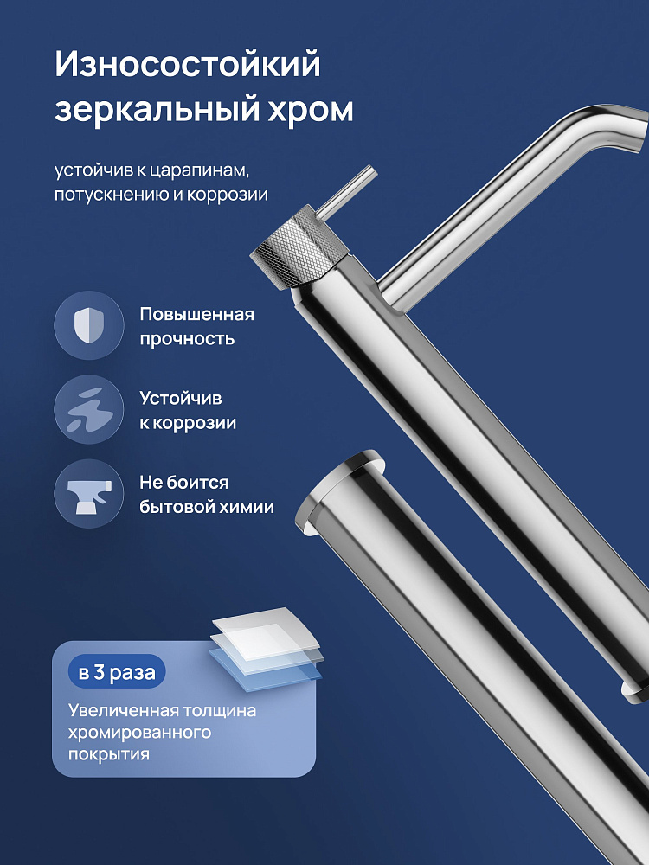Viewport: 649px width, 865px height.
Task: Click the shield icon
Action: tap(89, 325)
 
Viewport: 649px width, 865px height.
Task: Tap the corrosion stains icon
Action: tap(89, 409)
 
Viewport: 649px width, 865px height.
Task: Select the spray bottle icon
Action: tap(89, 494)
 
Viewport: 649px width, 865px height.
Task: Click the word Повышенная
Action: tap(197, 315)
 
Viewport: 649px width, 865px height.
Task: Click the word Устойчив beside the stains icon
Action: tap(181, 399)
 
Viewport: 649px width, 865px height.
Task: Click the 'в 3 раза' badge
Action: tap(117, 673)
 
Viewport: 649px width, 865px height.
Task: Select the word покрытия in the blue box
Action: tap(109, 754)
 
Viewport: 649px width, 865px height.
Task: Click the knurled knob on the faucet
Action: tap(299, 247)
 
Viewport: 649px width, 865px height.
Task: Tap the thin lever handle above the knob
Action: tap(347, 191)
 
